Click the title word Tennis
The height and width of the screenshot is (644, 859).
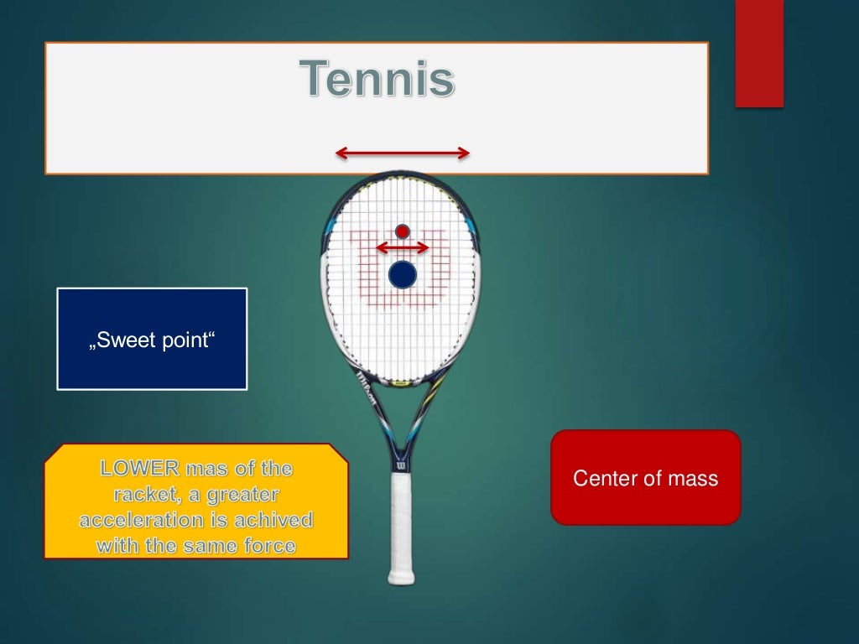[x=377, y=80]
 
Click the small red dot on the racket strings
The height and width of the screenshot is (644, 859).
[x=403, y=231]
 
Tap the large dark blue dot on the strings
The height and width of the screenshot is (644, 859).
[x=403, y=274]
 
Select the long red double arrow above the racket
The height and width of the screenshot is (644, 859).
[x=403, y=153]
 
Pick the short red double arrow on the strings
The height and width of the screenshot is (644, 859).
[x=403, y=247]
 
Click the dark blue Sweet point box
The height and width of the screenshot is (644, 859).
[x=152, y=339]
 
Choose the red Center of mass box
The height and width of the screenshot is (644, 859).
[x=645, y=478]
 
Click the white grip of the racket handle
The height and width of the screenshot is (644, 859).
[x=401, y=520]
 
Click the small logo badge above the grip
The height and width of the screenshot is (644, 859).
[x=401, y=462]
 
